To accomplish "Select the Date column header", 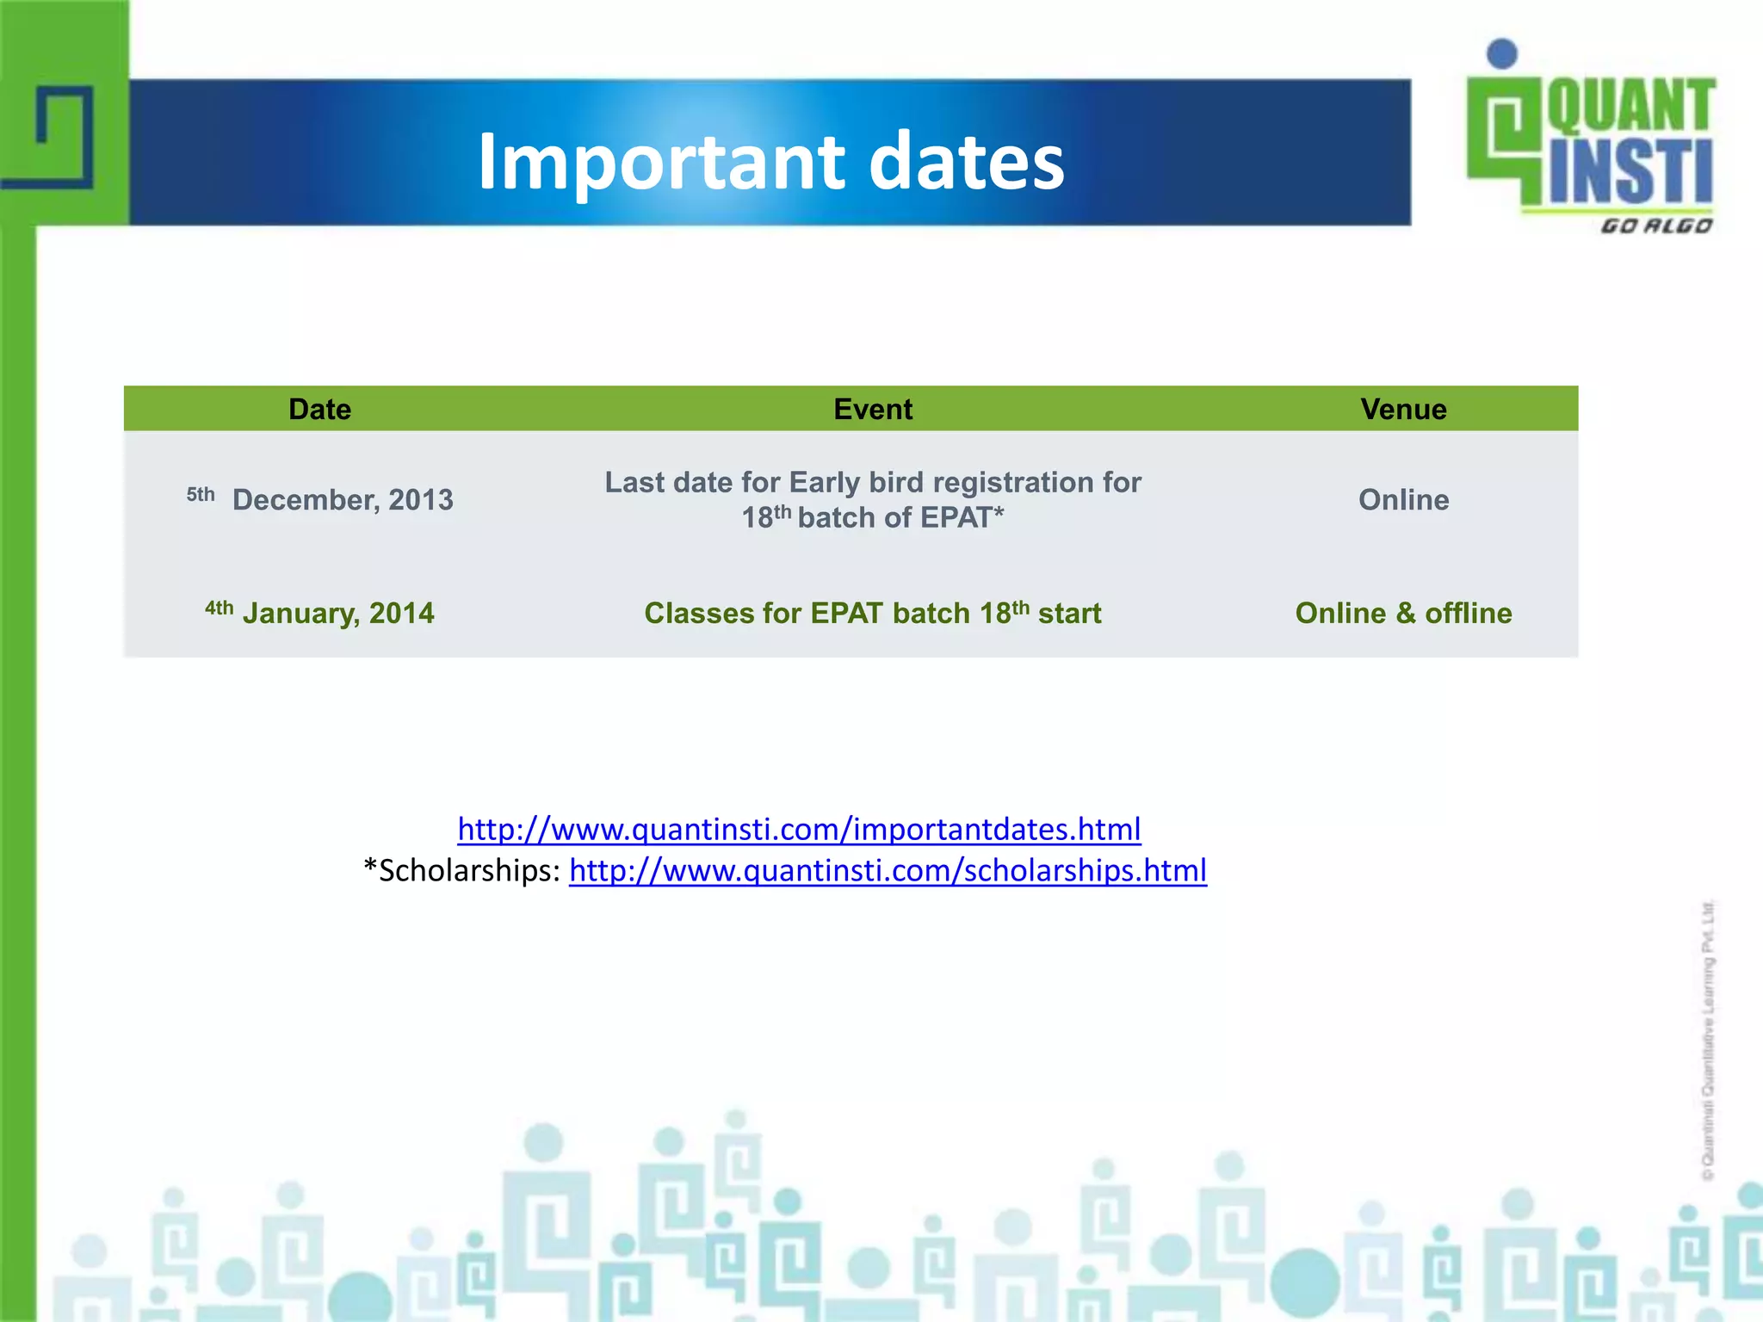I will coord(319,409).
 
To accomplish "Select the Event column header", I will coord(872,409).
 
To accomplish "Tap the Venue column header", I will coord(1403,409).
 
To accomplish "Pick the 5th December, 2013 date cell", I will coord(320,499).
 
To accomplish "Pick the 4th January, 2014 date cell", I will coord(320,613).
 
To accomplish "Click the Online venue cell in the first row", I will coord(1403,499).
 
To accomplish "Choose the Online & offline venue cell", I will coord(1403,613).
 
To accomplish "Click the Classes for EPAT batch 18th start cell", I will coord(872,613).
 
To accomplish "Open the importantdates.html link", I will coord(798,829).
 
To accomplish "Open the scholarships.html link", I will coord(888,870).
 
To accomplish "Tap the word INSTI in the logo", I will coord(1630,172).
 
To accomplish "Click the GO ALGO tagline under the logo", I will coord(1655,226).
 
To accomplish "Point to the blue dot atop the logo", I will coord(1502,53).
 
